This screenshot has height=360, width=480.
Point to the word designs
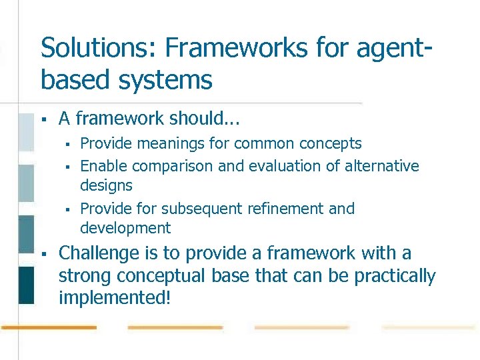pyautogui.click(x=106, y=185)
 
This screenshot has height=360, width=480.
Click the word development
pyautogui.click(x=125, y=228)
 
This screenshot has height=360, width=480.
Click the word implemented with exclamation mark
pyautogui.click(x=115, y=298)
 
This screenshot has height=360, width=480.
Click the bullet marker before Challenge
pyautogui.click(x=43, y=255)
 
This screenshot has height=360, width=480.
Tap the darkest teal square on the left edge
pyautogui.click(x=26, y=285)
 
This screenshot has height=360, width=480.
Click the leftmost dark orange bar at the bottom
pyautogui.click(x=49, y=327)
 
